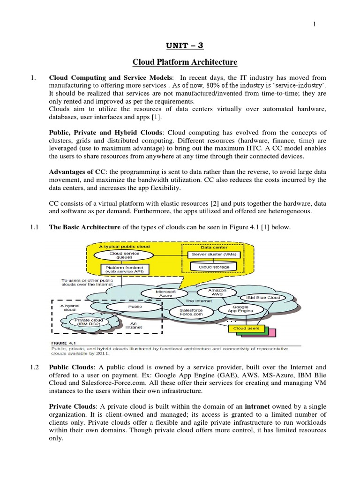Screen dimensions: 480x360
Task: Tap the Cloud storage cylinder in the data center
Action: pyautogui.click(x=215, y=267)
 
